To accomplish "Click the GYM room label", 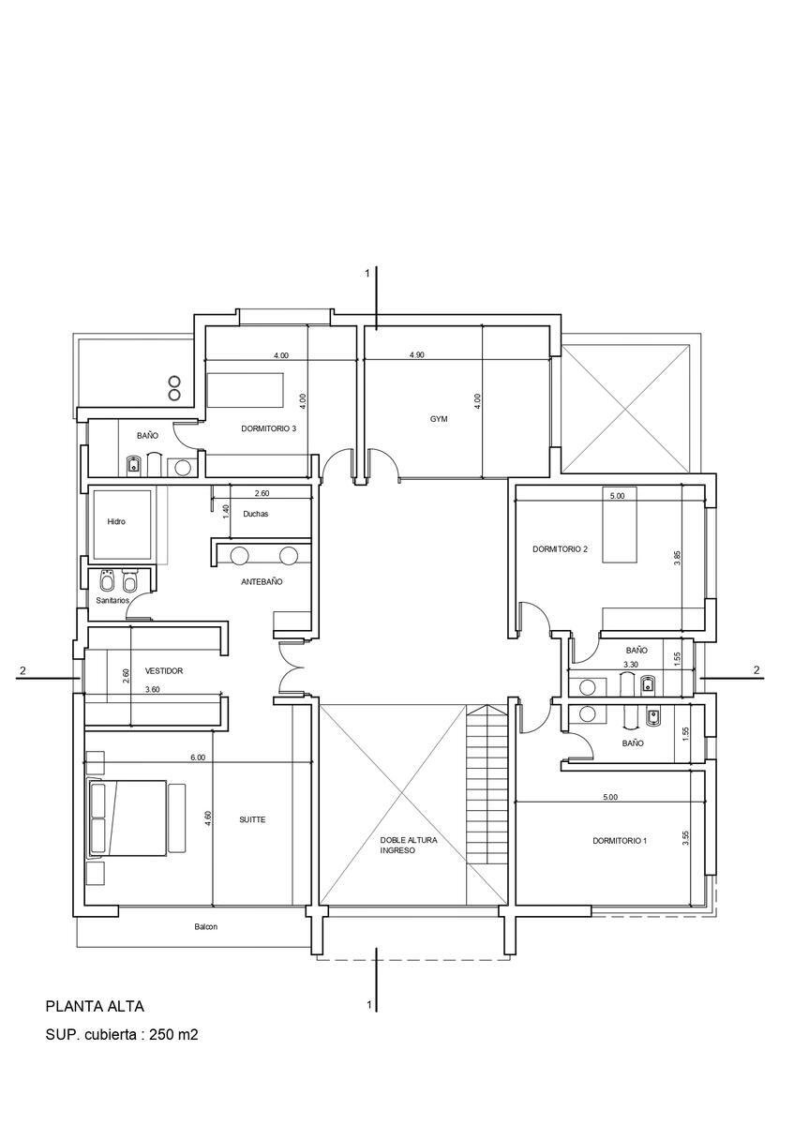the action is coord(439,418).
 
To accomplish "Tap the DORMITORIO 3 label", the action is coord(268,428).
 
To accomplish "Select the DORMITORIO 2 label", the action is coord(560,549).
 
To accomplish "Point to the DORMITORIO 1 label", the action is coord(620,840).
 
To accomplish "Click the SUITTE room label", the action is coord(252,819).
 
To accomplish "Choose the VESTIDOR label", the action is coord(164,670).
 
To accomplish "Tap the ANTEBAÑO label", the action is coord(262,581).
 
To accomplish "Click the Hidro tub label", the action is coord(116,521).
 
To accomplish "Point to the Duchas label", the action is coord(256,514).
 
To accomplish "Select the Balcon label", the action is coord(206,926).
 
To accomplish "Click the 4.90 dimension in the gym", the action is coord(417,354).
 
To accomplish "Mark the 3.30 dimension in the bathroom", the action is coord(630,664).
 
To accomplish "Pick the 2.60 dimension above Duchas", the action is coord(262,493).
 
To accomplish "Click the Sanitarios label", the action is coord(113,600).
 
